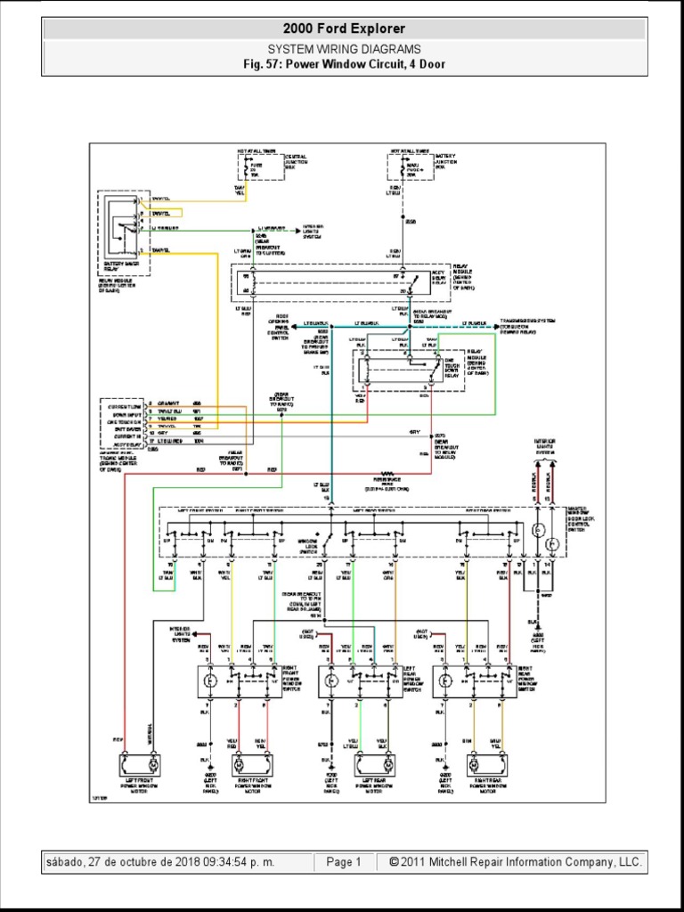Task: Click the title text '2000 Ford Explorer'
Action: (343, 29)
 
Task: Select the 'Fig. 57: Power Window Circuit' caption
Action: (343, 64)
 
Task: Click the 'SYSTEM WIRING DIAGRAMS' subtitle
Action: (343, 49)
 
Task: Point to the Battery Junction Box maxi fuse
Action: (409, 167)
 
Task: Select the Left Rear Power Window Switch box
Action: (356, 681)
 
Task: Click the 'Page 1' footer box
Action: (344, 862)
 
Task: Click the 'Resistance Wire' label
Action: (387, 482)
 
